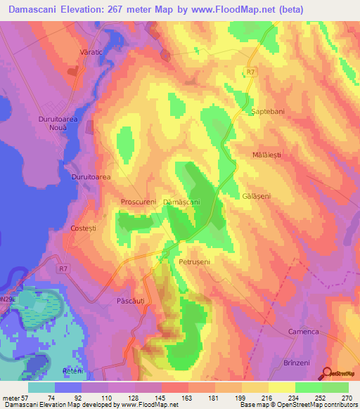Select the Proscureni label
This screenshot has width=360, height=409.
point(138,200)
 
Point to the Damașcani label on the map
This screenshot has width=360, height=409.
point(181,202)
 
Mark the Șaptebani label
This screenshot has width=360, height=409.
point(267,112)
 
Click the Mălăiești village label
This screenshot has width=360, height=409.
point(271,153)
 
